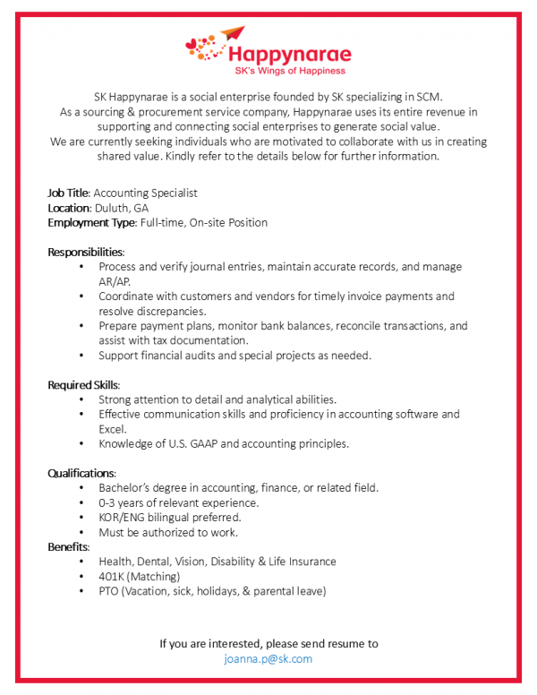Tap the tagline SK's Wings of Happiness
click(288, 70)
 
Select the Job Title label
click(68, 193)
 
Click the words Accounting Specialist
click(145, 193)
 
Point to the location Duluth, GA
click(122, 208)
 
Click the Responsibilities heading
click(86, 252)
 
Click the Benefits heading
click(68, 546)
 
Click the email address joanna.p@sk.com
click(268, 658)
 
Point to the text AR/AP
click(115, 281)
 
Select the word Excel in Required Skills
click(113, 429)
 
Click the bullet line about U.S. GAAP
click(224, 443)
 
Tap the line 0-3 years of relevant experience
click(179, 502)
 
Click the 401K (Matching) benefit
click(140, 576)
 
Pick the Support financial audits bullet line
click(234, 355)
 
